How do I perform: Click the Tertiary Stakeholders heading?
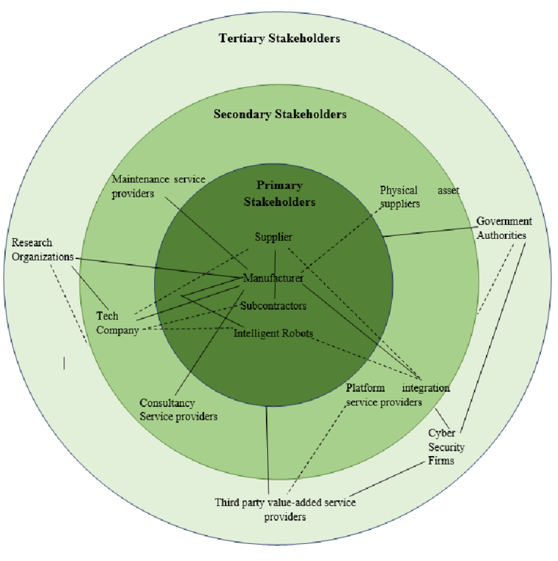click(279, 38)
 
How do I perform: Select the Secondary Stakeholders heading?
click(280, 114)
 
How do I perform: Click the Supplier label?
click(274, 237)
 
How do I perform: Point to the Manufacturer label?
click(273, 278)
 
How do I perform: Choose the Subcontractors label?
click(273, 305)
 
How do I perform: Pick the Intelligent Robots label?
click(273, 333)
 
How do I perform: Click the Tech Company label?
click(118, 323)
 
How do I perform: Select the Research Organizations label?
click(42, 249)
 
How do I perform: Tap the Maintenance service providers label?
click(158, 186)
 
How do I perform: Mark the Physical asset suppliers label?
click(419, 196)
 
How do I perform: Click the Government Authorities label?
click(504, 228)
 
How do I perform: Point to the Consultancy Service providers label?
click(178, 409)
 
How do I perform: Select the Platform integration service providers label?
click(397, 395)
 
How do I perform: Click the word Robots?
click(296, 333)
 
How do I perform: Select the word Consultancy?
click(167, 403)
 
